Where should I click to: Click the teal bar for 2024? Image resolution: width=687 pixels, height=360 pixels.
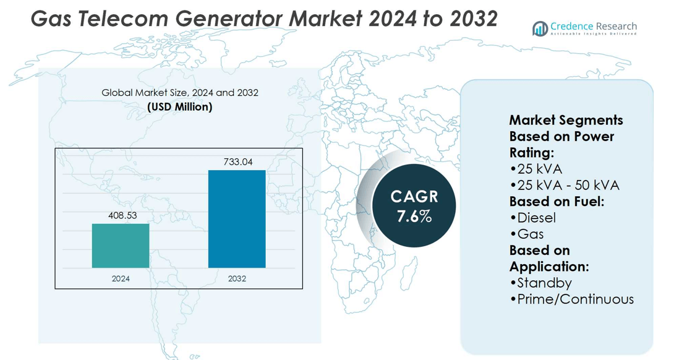121,246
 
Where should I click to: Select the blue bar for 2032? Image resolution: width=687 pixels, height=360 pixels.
237,219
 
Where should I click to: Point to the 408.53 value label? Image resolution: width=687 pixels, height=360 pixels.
122,215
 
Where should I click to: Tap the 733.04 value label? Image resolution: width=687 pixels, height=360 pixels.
238,162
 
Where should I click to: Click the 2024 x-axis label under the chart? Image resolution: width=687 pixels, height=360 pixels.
121,279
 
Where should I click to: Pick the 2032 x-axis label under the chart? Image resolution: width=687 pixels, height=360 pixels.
237,279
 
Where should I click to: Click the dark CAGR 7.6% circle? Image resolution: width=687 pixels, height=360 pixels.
414,206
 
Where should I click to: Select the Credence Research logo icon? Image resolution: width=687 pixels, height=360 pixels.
540,28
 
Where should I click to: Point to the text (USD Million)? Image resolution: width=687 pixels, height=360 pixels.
180,107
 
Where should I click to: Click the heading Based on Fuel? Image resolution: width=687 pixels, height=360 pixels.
557,202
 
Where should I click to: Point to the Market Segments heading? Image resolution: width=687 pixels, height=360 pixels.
566,120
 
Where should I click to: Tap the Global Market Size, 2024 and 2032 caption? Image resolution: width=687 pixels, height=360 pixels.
180,93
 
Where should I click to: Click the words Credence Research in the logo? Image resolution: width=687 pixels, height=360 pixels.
593,27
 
